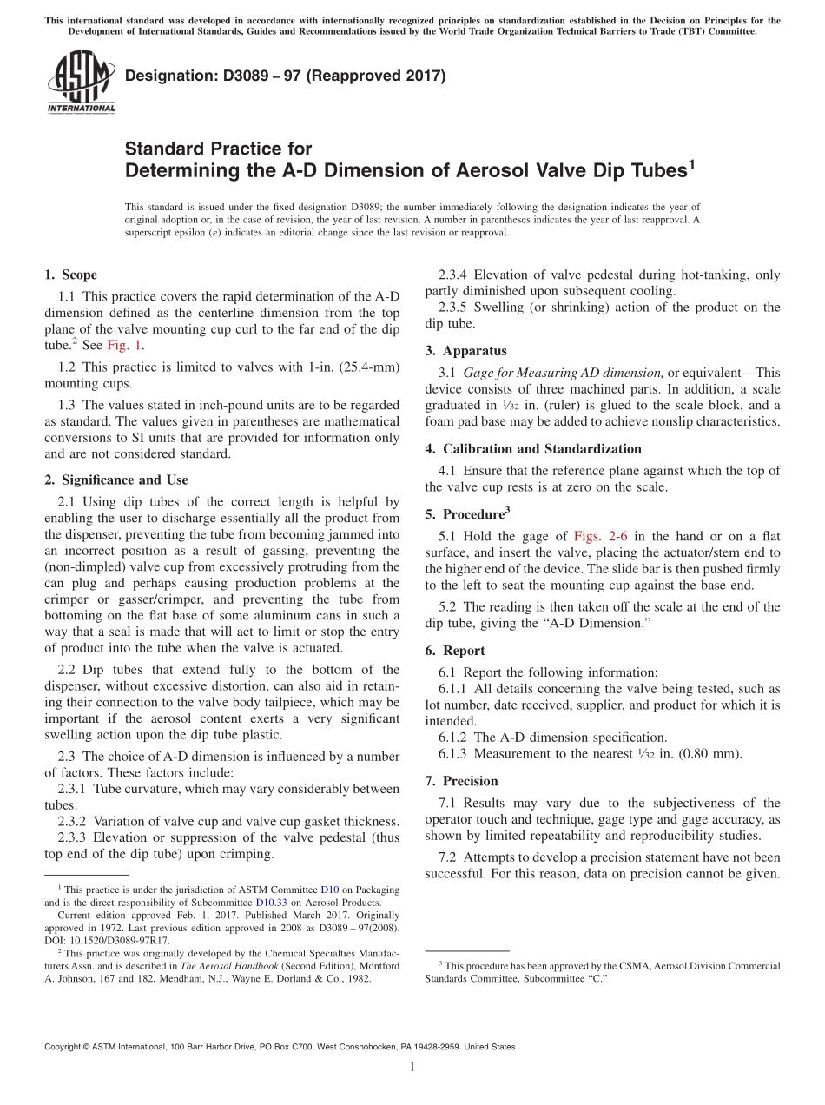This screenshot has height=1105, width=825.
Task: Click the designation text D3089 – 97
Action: [x=286, y=76]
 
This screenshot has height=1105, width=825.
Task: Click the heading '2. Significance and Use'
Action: [x=115, y=480]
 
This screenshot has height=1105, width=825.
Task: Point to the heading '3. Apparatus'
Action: [x=465, y=351]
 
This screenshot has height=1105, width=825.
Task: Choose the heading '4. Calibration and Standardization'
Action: [x=533, y=448]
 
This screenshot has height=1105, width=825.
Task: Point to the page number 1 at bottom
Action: [x=412, y=1068]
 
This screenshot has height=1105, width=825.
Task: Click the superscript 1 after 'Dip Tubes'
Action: [x=691, y=162]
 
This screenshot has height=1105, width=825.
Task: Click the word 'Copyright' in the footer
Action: [x=66, y=1047]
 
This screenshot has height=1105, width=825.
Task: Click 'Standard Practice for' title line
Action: [x=218, y=149]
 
